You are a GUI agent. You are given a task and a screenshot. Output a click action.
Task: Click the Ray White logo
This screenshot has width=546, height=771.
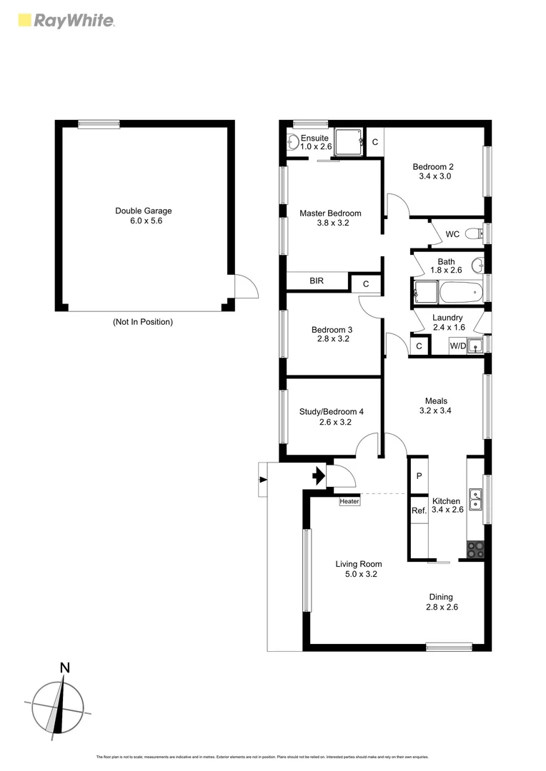click(65, 20)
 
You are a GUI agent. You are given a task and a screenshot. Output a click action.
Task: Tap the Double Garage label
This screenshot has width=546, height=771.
click(143, 211)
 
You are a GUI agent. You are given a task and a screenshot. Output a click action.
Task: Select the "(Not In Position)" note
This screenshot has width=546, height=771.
click(143, 322)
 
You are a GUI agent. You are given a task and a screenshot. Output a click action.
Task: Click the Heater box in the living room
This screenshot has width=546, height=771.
click(349, 501)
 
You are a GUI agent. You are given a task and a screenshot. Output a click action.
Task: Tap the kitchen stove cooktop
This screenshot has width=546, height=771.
click(476, 549)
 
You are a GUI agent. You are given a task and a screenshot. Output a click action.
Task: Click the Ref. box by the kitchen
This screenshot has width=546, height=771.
click(418, 510)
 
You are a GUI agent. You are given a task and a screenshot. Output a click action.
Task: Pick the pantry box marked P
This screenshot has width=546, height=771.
click(419, 476)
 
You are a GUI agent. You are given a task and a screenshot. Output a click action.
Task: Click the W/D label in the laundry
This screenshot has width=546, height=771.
click(457, 346)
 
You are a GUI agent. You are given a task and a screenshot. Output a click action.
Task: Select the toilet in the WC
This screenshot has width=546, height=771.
click(472, 233)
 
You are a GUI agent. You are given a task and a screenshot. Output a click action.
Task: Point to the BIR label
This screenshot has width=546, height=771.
click(317, 281)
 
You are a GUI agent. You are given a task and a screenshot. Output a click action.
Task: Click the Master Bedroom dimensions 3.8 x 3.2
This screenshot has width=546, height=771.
click(330, 223)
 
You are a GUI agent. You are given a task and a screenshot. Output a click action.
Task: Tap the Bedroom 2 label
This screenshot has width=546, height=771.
click(433, 166)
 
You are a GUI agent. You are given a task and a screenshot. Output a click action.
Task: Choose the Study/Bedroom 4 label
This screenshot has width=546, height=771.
click(331, 411)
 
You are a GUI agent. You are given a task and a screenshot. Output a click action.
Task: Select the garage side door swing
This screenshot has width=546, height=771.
click(245, 288)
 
